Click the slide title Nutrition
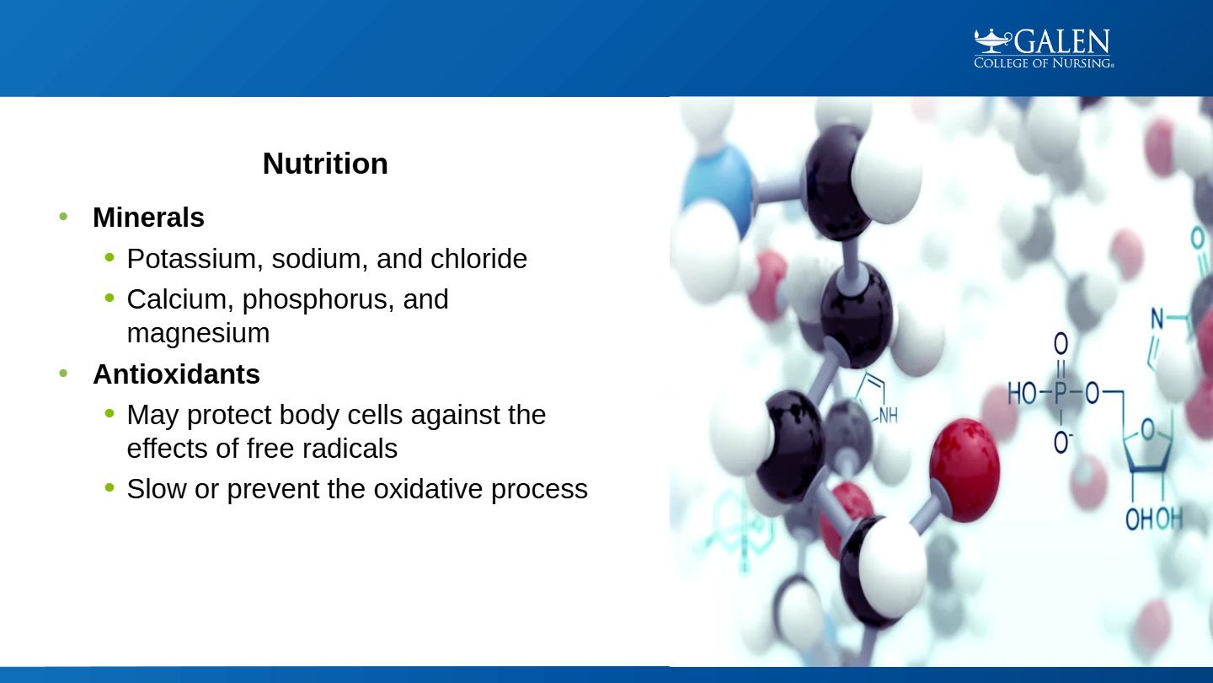coord(325,164)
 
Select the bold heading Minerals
coord(148,218)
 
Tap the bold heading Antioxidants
coord(177,374)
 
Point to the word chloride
coord(478,259)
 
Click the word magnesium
coord(198,333)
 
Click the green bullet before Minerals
coord(63,217)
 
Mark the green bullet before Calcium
coord(110,298)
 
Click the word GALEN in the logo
coord(1062,42)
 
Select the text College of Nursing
coord(1044,63)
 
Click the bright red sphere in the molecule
coord(965,470)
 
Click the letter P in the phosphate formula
coord(1061,394)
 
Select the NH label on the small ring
coord(888,417)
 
